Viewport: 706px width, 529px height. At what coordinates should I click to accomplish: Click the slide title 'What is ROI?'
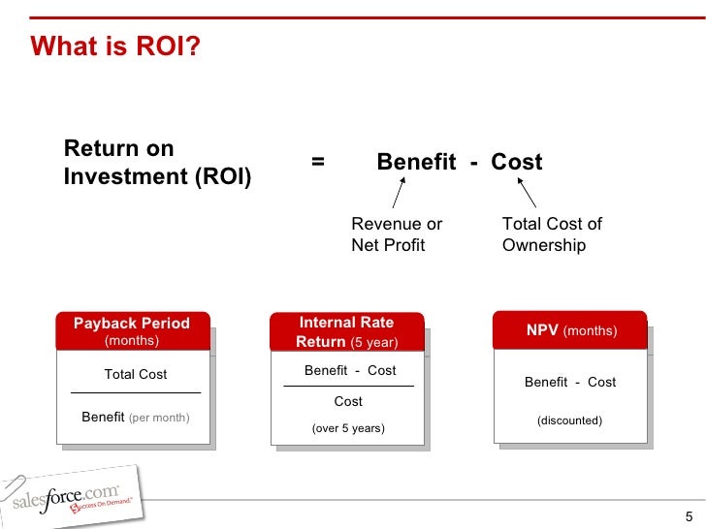[115, 47]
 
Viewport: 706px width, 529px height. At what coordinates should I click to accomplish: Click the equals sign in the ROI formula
[318, 162]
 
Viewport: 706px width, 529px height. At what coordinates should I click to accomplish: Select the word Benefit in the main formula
[416, 162]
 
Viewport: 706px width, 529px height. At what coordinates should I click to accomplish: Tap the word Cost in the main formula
[516, 162]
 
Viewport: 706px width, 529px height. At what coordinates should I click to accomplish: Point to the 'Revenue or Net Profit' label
[397, 234]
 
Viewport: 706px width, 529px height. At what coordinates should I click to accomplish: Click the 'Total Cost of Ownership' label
[552, 234]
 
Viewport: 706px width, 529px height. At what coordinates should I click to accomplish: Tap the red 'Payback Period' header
[132, 330]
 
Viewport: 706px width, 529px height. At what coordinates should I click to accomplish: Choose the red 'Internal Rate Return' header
[347, 331]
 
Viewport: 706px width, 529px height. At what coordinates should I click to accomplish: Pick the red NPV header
[571, 330]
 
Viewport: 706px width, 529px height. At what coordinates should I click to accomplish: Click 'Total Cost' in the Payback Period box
[136, 374]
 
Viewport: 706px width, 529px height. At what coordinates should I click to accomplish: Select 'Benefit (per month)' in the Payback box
[136, 418]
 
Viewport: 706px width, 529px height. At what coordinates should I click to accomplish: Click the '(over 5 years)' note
[348, 427]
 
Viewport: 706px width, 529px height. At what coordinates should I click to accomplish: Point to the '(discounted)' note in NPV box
[570, 420]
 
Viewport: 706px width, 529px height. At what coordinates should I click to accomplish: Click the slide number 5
[689, 515]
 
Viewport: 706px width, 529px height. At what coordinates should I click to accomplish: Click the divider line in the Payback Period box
[136, 392]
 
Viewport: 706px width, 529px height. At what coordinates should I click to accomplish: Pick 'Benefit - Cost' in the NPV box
[570, 382]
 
